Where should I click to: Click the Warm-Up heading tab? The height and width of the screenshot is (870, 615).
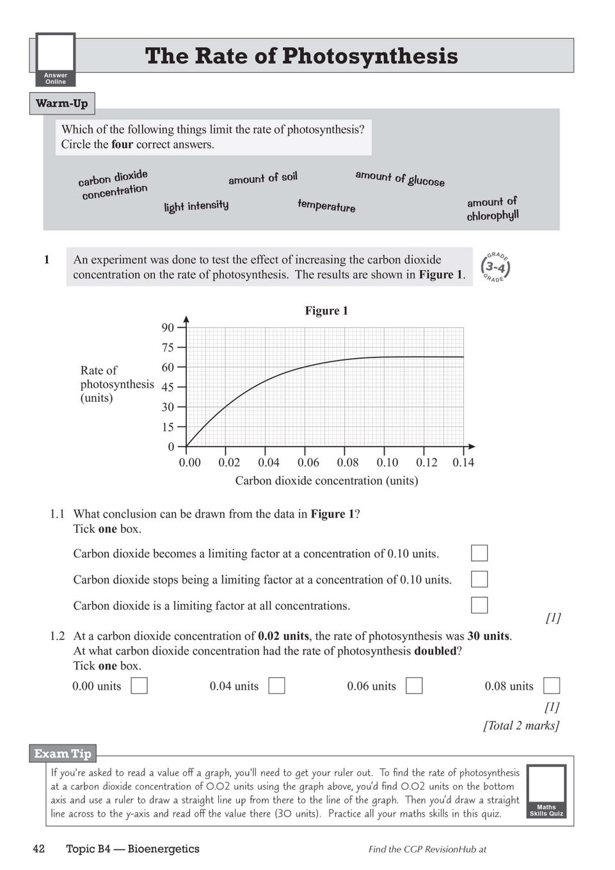pos(62,104)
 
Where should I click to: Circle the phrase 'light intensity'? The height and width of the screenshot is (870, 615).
pos(196,206)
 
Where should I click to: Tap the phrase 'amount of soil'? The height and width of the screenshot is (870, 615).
pos(263,178)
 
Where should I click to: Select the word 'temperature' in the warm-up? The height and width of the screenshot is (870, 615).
pos(326,205)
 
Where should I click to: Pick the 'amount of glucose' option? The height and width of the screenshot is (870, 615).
pos(400,178)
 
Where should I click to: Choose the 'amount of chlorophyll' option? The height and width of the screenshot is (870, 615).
pos(492,209)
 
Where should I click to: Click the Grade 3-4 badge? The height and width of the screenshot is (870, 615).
pos(495,267)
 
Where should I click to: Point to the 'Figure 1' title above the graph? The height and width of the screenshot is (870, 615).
pos(326,311)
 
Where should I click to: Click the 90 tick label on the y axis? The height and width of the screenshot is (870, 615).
pos(168,328)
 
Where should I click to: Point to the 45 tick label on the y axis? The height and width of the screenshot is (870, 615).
pos(168,387)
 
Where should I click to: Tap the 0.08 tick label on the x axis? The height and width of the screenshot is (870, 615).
pos(347,463)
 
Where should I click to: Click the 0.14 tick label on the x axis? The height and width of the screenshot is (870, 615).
pos(463,463)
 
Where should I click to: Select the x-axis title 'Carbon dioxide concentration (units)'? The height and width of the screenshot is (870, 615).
pos(326,480)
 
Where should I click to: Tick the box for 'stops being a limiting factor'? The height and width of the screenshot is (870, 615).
pos(479,579)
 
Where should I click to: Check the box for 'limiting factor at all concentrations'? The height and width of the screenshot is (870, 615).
pos(479,605)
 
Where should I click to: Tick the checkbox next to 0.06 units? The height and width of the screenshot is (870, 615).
pos(414,686)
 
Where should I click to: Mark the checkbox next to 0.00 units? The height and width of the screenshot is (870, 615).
pos(139,686)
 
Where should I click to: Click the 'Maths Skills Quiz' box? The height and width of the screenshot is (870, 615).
pos(547,791)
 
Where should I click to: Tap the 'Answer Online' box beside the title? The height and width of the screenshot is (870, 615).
pos(56,59)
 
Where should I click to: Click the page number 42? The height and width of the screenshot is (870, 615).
pos(39,849)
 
